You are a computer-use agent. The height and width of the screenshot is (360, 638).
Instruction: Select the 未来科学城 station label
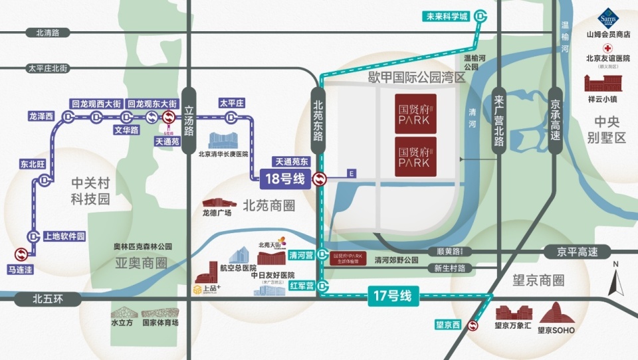tap(447, 17)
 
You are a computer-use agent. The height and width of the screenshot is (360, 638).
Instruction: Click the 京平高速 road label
tap(571, 252)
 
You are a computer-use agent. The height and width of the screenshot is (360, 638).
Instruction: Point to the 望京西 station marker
tap(473, 325)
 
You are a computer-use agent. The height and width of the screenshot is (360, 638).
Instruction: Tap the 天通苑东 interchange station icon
tap(320, 179)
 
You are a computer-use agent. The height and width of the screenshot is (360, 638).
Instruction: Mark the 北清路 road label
tap(47, 32)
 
